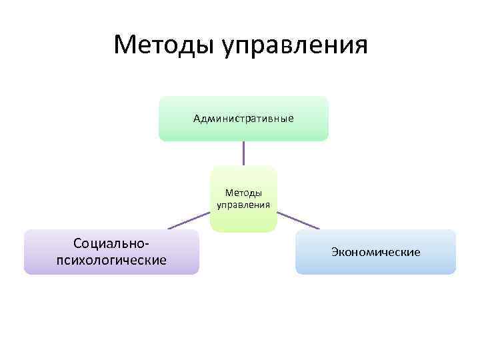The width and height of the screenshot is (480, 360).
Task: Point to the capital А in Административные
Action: tap(197, 119)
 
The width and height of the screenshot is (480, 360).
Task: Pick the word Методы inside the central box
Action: tap(243, 193)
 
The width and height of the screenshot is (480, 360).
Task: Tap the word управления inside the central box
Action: tap(243, 205)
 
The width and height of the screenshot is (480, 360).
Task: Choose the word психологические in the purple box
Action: tap(111, 259)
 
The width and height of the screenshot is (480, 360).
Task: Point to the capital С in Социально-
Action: tap(78, 245)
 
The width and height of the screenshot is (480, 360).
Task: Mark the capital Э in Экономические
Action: tap(333, 252)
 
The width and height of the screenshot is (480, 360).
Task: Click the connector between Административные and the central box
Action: tap(243, 153)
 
